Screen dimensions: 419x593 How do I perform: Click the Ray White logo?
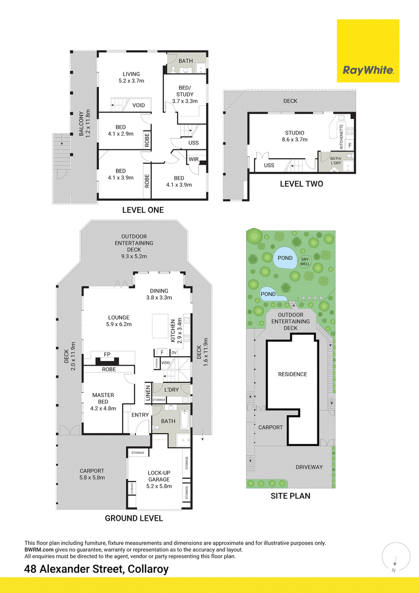368,51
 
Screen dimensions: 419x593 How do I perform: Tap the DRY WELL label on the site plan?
305,262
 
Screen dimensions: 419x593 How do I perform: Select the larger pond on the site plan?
285,258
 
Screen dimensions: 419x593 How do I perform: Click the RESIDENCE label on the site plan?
292,374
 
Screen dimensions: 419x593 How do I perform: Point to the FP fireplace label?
107,354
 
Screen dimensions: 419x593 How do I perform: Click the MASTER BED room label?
103,398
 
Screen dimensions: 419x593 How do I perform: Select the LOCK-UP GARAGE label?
159,476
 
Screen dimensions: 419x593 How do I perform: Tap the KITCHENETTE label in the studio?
341,137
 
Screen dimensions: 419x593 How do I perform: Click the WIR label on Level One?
194,159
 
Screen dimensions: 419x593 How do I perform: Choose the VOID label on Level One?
138,105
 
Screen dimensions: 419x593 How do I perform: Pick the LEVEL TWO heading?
301,184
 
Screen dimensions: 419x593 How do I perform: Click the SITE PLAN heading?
291,496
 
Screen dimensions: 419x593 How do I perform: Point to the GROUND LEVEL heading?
134,518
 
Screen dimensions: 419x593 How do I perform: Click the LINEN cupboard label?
148,393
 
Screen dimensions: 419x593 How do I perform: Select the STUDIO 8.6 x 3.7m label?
294,136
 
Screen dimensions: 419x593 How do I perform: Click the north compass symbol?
395,557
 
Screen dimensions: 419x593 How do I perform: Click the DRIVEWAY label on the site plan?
309,467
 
